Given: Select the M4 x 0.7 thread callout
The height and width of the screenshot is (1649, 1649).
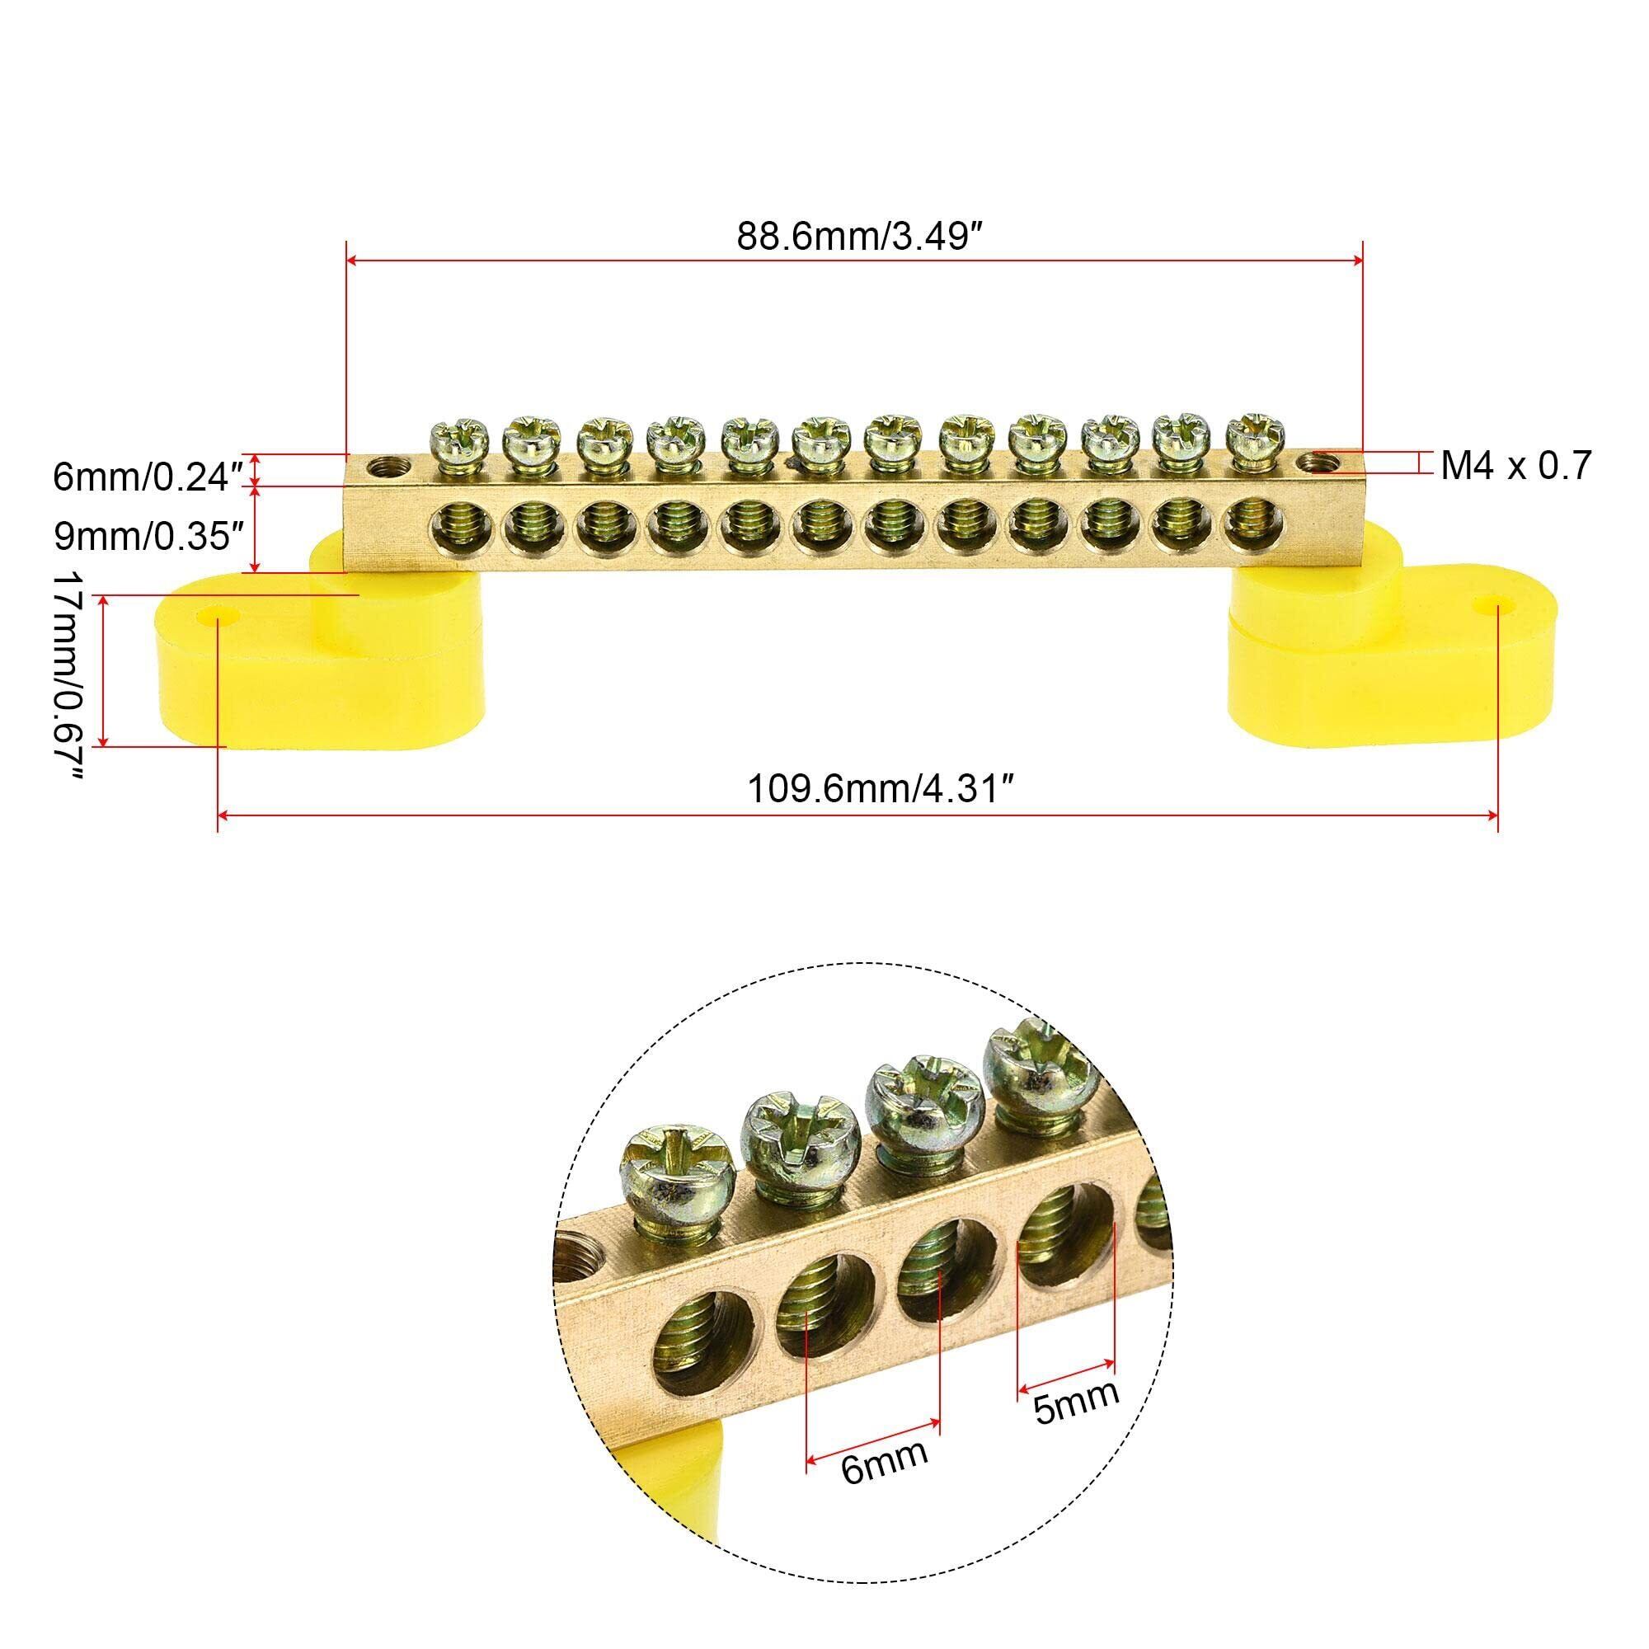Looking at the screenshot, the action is [1517, 466].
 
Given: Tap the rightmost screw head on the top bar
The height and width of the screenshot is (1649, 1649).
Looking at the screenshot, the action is [1247, 438].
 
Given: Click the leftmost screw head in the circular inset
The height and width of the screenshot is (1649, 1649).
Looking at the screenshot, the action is [679, 1164].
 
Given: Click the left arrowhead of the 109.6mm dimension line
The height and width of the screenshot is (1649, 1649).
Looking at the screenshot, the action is [223, 817].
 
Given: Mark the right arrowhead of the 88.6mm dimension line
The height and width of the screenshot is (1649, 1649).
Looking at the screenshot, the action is [1356, 262].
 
